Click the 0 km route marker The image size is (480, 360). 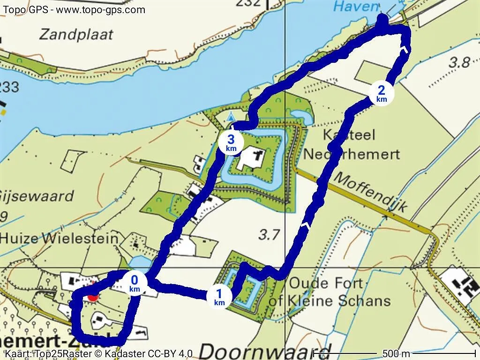(x=135, y=284)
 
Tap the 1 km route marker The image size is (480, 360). (x=219, y=297)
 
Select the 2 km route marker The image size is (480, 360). (x=382, y=93)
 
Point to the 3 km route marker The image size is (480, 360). (x=231, y=142)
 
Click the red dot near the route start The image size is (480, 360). (x=93, y=296)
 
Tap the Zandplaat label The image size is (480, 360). (x=76, y=34)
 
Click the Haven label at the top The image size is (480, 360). (x=355, y=7)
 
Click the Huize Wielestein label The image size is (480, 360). (x=59, y=238)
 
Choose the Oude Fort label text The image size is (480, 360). (x=326, y=283)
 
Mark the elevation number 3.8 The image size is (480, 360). (x=459, y=62)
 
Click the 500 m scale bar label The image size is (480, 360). (x=396, y=353)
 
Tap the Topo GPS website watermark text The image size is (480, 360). (x=74, y=10)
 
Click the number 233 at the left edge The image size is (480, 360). (x=9, y=87)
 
